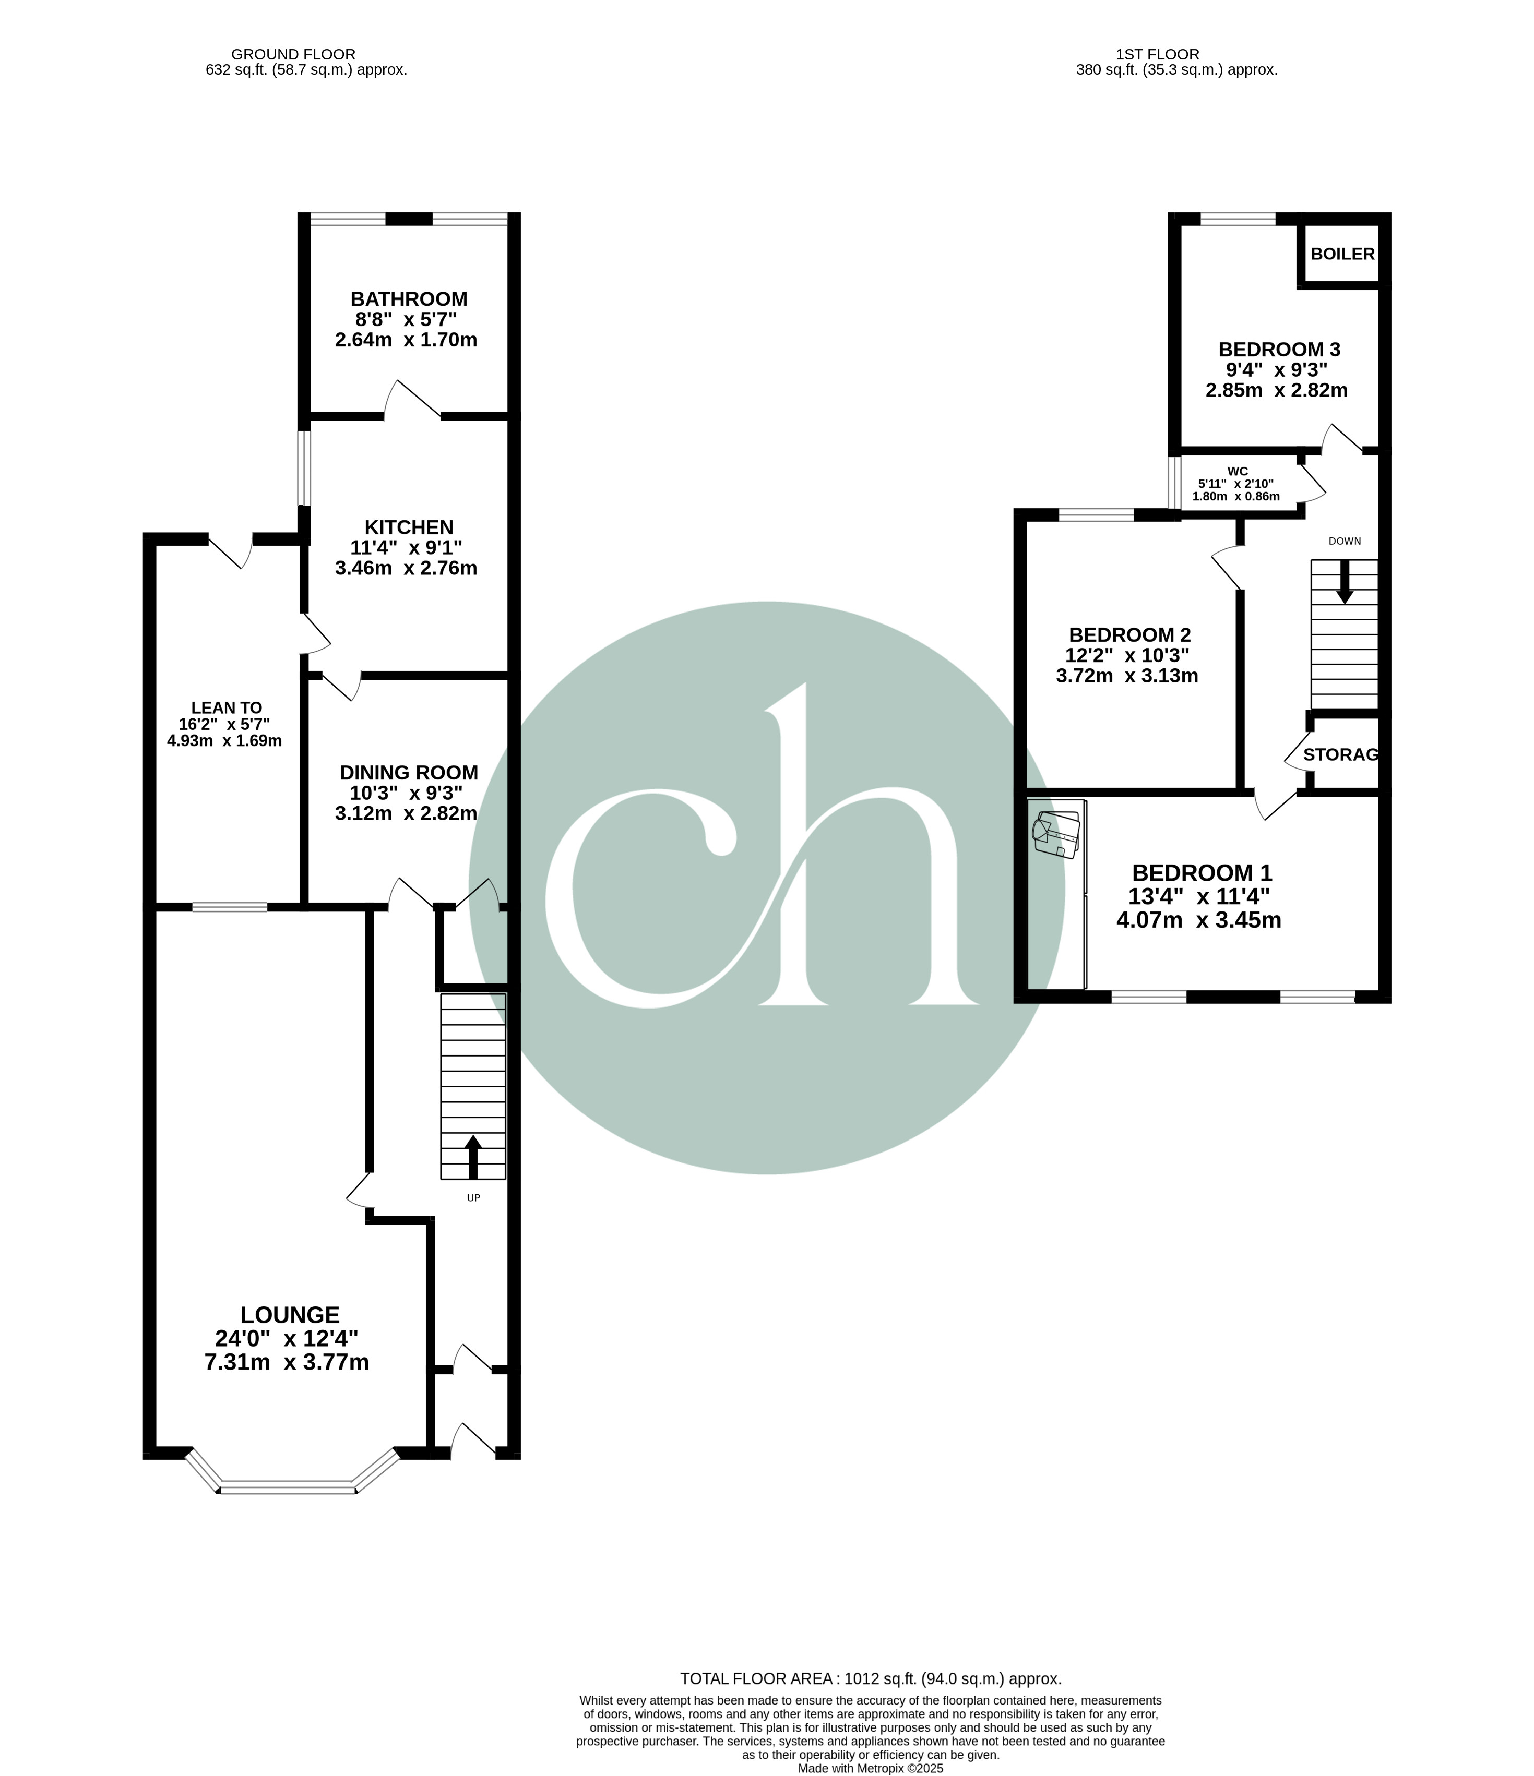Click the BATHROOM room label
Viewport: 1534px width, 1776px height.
[409, 299]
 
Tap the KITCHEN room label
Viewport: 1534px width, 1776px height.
[409, 527]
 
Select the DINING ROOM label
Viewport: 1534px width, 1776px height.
[409, 772]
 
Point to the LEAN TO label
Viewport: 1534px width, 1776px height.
[227, 708]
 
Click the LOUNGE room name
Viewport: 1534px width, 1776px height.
[290, 1315]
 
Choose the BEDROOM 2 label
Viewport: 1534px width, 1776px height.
[1129, 635]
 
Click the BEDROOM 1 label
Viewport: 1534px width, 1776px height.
[1202, 872]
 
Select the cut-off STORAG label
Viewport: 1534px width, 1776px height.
[1341, 754]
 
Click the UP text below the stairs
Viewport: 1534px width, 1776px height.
[473, 1197]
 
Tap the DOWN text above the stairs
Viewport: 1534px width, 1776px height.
[1345, 541]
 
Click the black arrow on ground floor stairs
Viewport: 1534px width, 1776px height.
[472, 1157]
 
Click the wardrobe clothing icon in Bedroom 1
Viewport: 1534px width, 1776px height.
[1055, 833]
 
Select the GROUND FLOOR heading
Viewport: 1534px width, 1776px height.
[293, 54]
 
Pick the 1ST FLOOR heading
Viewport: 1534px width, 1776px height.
[1158, 54]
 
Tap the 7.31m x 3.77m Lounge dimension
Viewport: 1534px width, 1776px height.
[287, 1362]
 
